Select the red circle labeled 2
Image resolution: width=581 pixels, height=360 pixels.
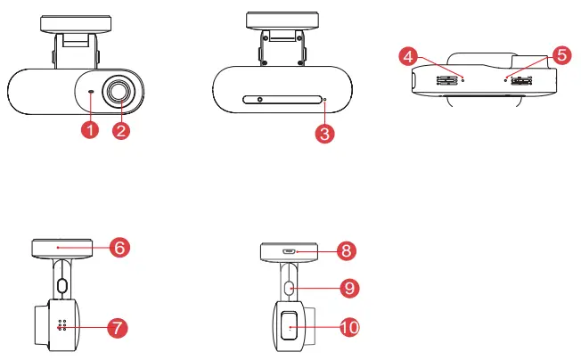(x=122, y=131)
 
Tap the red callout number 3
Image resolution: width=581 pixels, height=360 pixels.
(x=326, y=134)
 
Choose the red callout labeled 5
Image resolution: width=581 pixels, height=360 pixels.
(x=560, y=54)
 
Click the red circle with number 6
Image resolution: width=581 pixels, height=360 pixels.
(x=120, y=247)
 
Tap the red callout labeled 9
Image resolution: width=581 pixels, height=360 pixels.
(x=348, y=288)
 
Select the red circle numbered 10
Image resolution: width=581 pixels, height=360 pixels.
(x=348, y=328)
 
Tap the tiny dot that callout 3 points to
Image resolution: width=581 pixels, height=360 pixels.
(x=325, y=100)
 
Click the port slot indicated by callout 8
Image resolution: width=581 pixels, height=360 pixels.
(x=290, y=251)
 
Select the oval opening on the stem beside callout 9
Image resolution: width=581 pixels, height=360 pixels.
(x=290, y=288)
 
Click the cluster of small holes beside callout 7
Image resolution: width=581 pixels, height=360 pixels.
(x=62, y=326)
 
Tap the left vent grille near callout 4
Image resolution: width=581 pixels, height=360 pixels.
(x=443, y=79)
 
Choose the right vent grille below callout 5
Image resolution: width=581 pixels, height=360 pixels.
(x=520, y=79)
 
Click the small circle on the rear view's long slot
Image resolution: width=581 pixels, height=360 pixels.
(x=259, y=100)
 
